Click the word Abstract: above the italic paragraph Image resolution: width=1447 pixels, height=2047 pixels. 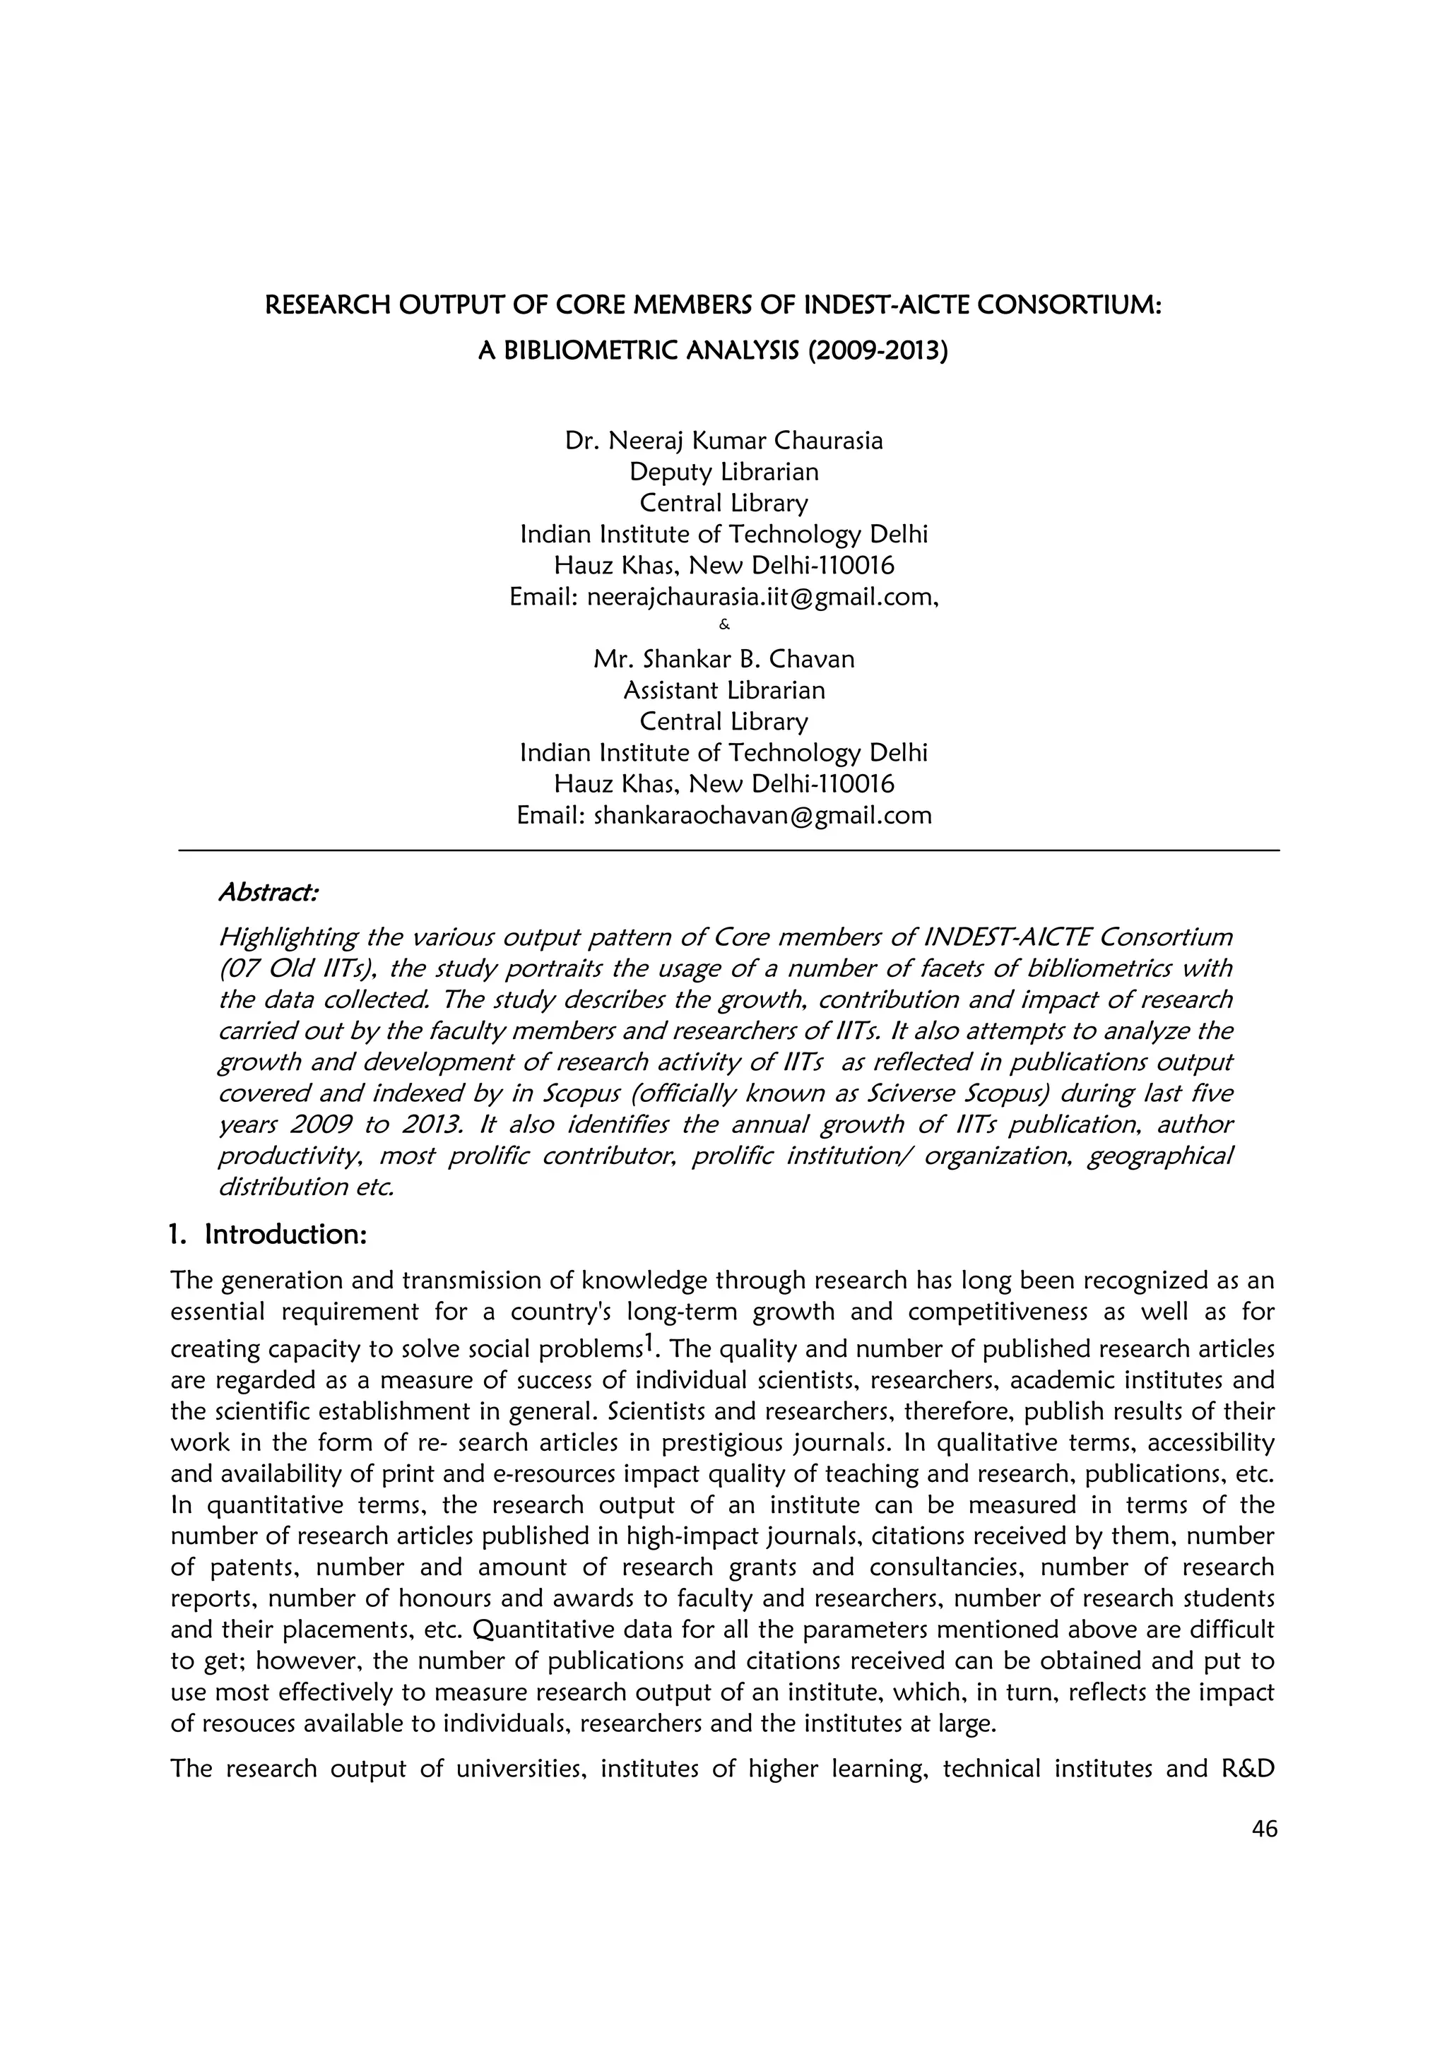[268, 891]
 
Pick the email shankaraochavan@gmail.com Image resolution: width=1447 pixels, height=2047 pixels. [762, 815]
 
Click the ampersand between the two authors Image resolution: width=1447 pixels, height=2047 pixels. [724, 626]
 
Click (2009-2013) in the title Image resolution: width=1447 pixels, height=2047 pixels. [878, 350]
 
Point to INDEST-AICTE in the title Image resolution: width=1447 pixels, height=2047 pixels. [874, 306]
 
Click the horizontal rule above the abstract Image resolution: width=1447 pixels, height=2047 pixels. [728, 850]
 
